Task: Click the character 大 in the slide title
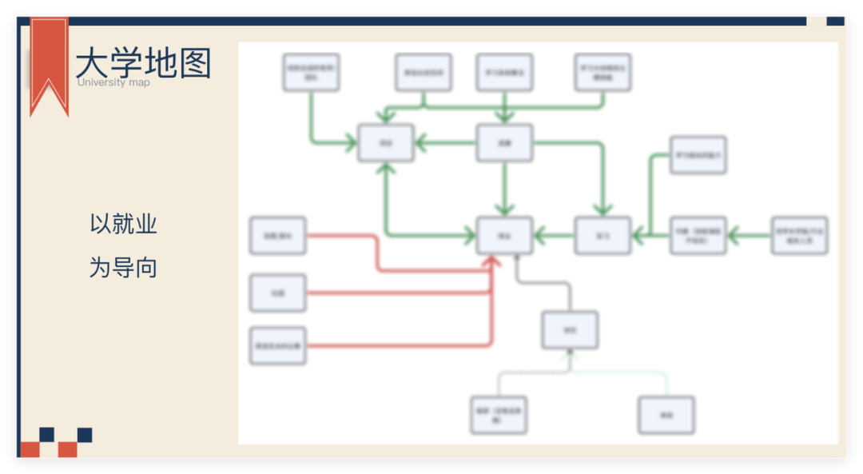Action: pos(93,63)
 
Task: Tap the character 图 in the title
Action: pos(195,63)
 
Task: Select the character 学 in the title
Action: pos(127,63)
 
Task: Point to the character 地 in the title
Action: pos(161,63)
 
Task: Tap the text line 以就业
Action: pos(123,225)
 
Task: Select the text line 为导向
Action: pos(123,268)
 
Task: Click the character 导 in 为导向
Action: pos(123,268)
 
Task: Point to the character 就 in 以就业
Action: pos(123,225)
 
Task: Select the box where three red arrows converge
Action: pos(504,236)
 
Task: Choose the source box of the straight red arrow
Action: pos(277,293)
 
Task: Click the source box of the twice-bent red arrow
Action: pos(277,236)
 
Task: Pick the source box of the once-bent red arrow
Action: pos(277,346)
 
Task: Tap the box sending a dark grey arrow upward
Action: pos(570,329)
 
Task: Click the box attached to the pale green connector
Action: pos(666,416)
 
